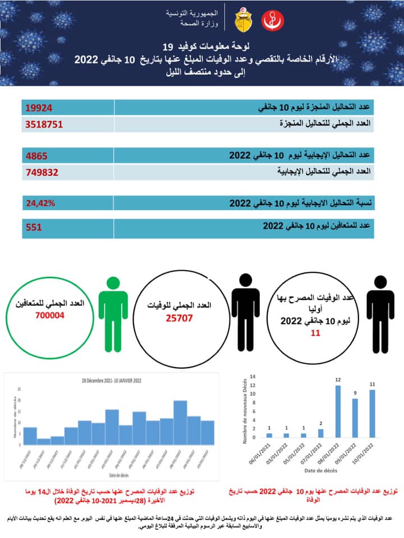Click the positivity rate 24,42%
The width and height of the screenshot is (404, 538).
coord(40,203)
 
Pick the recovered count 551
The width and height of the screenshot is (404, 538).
coord(34,227)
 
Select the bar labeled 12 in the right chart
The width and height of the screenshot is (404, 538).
coord(338,411)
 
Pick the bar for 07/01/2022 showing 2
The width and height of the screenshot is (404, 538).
coord(320,433)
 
